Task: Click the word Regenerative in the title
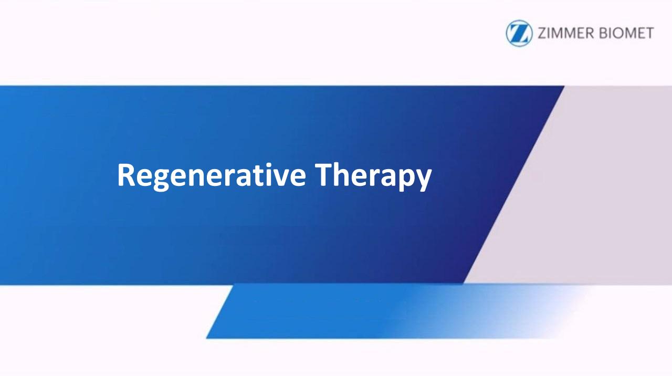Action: click(212, 176)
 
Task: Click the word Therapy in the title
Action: click(373, 176)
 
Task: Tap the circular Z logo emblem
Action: click(519, 33)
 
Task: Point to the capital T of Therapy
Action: click(323, 175)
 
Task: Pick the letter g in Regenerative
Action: click(161, 180)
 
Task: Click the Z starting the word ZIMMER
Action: click(542, 33)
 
